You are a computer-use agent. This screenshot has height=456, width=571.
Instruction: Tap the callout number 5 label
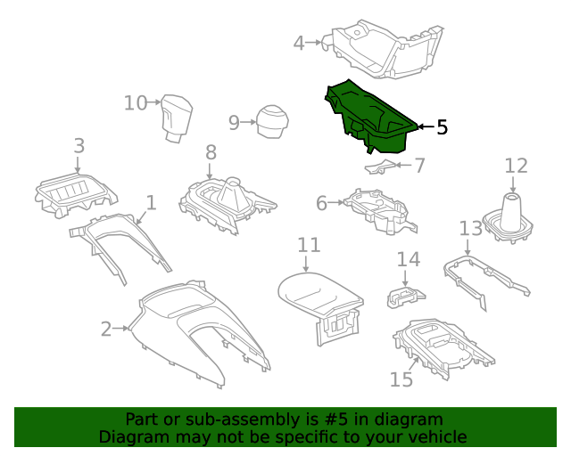coord(442,127)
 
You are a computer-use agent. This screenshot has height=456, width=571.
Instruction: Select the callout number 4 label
coord(299,41)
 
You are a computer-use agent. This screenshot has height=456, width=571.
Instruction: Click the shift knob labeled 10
coord(178,118)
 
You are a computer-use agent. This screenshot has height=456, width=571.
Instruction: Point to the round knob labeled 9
coord(272,121)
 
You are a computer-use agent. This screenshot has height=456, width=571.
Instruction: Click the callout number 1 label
coord(151,203)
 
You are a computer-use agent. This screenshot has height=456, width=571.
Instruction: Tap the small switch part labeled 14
coord(405,296)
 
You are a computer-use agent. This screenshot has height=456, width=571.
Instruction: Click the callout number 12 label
coord(516,166)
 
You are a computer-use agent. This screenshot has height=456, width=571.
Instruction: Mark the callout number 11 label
coord(308,244)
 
